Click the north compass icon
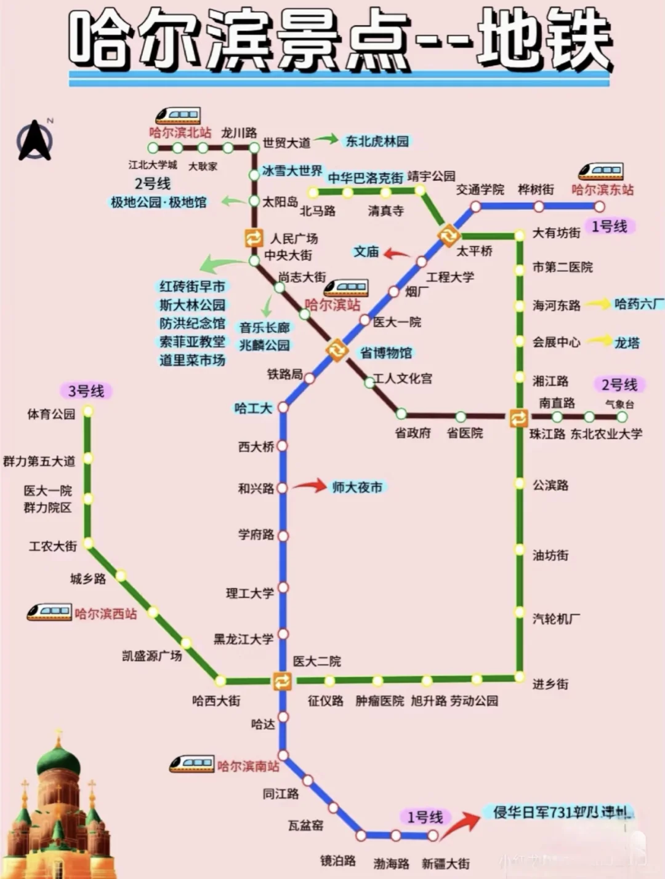click(x=35, y=141)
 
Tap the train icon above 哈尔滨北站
click(x=177, y=115)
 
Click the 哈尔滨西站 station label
click(x=106, y=614)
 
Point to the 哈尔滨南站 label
click(x=248, y=766)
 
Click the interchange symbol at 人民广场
click(x=254, y=237)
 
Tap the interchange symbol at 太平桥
click(x=448, y=234)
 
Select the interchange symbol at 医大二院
click(x=283, y=681)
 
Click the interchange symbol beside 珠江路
click(x=518, y=418)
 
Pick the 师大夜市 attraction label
click(x=357, y=487)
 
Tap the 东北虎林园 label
click(x=377, y=141)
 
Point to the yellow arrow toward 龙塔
click(x=600, y=341)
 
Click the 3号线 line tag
click(x=86, y=391)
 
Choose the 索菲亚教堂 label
click(x=192, y=342)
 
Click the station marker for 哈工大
click(x=283, y=407)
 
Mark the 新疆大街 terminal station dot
click(x=433, y=835)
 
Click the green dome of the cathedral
click(x=58, y=763)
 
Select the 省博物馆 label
click(x=386, y=353)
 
